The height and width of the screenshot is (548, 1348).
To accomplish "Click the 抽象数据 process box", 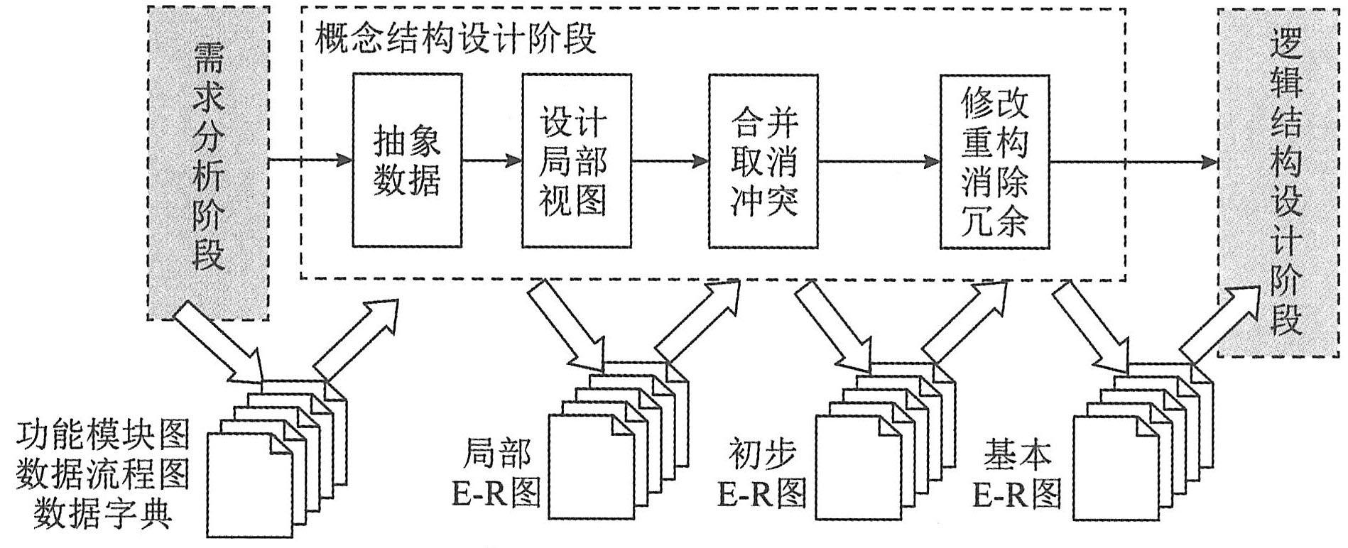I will click(x=407, y=160).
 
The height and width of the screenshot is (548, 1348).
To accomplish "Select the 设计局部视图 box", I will click(x=576, y=160).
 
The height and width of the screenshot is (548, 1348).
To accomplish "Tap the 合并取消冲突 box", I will click(x=764, y=160).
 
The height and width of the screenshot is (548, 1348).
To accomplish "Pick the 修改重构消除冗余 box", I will click(x=994, y=160).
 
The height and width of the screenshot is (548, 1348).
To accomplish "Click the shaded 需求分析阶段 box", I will click(x=208, y=163).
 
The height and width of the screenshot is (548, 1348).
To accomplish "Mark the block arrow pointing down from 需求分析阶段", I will click(x=217, y=340).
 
